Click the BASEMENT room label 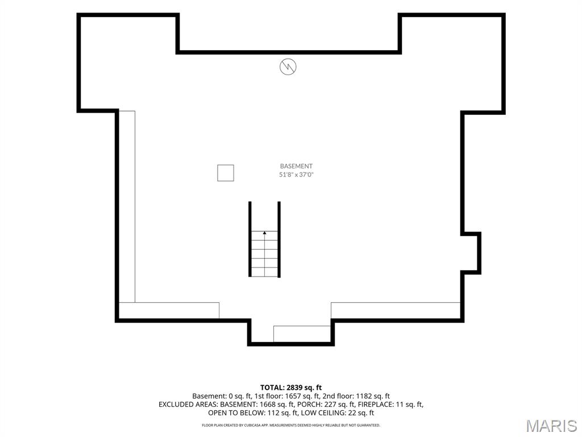(296, 166)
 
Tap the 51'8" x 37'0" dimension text (296, 174)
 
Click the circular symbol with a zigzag (288, 67)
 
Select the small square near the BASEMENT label (226, 173)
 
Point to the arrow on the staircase (265, 233)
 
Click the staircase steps (265, 254)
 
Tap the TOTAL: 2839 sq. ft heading (291, 387)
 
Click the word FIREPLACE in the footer (372, 405)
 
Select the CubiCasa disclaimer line (291, 425)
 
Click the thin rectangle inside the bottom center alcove (302, 333)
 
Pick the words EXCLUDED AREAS (188, 405)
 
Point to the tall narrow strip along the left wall (127, 207)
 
